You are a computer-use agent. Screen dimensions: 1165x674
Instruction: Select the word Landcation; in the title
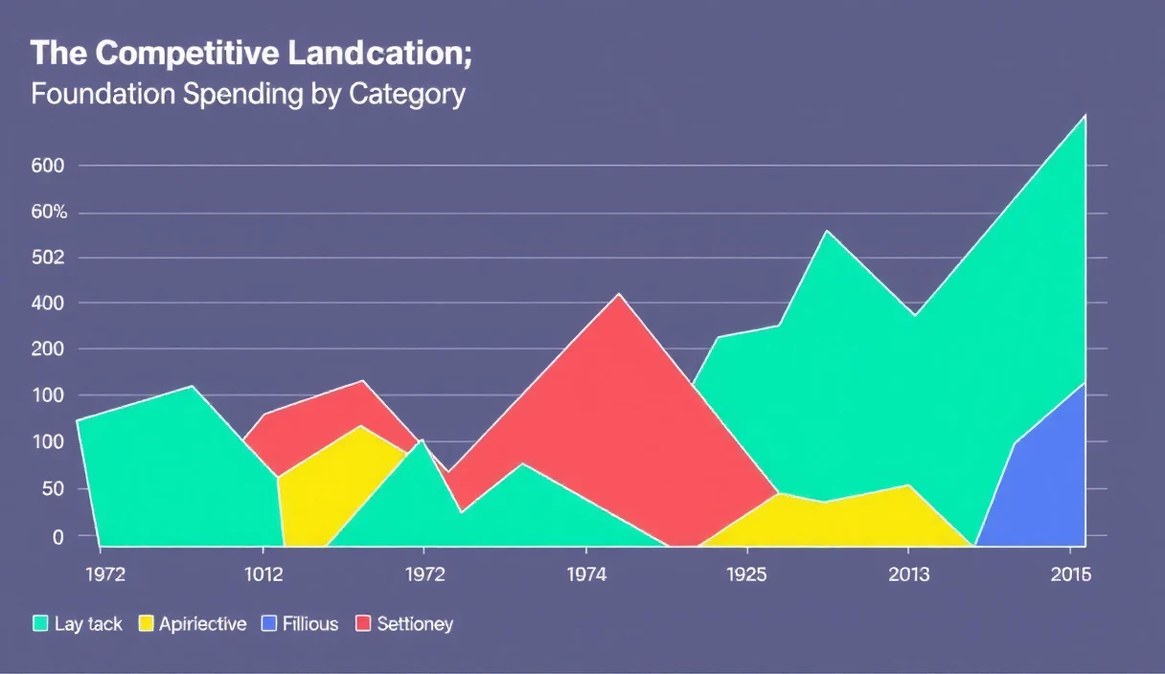379,53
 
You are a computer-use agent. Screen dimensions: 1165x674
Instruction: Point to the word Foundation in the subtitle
103,94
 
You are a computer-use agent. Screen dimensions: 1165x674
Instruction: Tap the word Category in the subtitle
407,95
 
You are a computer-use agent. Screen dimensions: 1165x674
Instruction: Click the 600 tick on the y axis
48,166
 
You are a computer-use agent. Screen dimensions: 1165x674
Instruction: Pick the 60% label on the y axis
50,212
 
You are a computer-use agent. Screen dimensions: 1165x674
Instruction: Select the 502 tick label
48,258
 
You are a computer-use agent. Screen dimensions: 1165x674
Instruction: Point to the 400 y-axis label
48,303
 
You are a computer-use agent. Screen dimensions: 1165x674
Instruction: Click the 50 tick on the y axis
53,489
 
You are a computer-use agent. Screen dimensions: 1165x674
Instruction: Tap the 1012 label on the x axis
263,574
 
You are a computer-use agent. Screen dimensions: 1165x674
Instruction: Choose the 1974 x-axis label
586,574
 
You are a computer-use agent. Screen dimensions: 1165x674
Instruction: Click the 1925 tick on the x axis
747,574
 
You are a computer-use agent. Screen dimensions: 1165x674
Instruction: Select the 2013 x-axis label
908,574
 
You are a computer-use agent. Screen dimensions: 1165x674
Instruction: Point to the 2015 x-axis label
1071,574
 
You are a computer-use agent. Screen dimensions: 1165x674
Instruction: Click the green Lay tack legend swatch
40,623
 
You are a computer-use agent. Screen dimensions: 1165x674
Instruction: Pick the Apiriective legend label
203,624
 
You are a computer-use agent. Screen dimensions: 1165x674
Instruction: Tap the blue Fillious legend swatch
269,623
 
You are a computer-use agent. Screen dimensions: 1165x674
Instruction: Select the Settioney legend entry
404,624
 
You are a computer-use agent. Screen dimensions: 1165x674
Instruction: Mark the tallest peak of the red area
619,294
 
